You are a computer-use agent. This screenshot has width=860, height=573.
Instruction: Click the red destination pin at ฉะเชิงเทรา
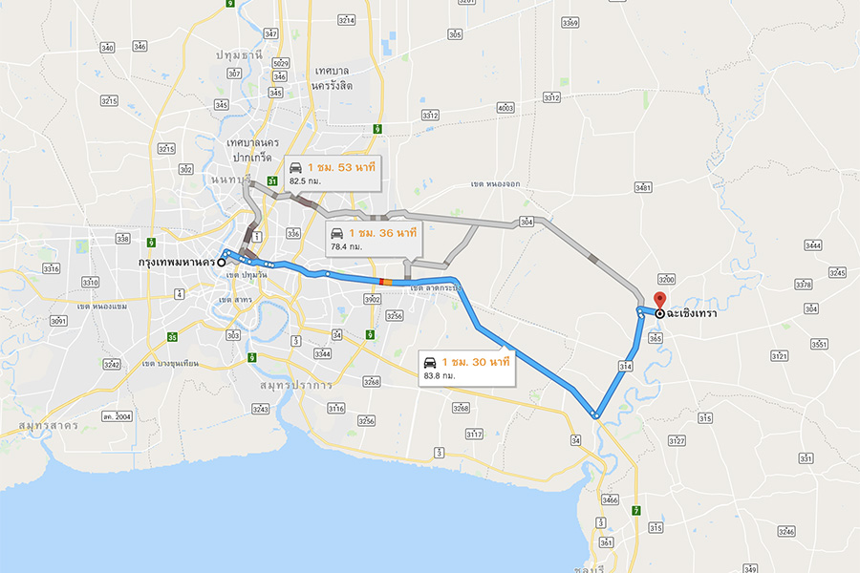[657, 299]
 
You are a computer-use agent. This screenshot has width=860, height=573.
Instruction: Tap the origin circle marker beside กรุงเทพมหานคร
[222, 261]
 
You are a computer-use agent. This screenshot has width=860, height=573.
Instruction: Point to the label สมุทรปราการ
[295, 385]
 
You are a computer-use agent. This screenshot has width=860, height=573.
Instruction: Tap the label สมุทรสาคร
[48, 422]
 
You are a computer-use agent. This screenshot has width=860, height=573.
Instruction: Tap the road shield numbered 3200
[667, 280]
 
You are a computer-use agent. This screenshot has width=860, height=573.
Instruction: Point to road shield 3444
[813, 246]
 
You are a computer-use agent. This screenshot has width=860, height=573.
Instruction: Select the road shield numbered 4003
[505, 108]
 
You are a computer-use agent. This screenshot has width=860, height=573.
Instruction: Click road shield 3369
[570, 23]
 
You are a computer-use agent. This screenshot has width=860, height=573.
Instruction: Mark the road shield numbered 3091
[59, 322]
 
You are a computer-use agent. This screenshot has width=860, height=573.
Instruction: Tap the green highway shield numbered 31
[272, 180]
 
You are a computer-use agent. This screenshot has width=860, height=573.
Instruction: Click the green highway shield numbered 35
[172, 336]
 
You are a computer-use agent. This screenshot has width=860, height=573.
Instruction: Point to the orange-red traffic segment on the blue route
[384, 281]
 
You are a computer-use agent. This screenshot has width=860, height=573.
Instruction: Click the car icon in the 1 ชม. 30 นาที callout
[431, 363]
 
